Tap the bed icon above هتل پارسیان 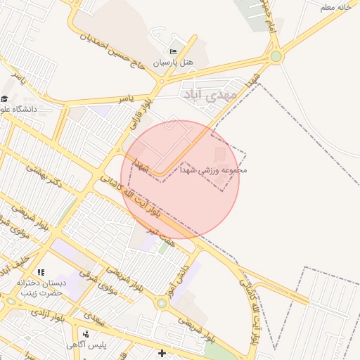pos(174,51)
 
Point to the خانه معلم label pos(335,7)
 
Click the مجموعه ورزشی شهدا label pos(214,169)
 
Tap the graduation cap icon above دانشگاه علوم pos(5,99)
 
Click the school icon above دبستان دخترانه pos(40,272)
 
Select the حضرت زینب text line pos(41,292)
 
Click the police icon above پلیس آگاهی pos(85,333)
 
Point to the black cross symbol pos(162,353)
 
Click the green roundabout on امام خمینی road pos(276,56)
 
